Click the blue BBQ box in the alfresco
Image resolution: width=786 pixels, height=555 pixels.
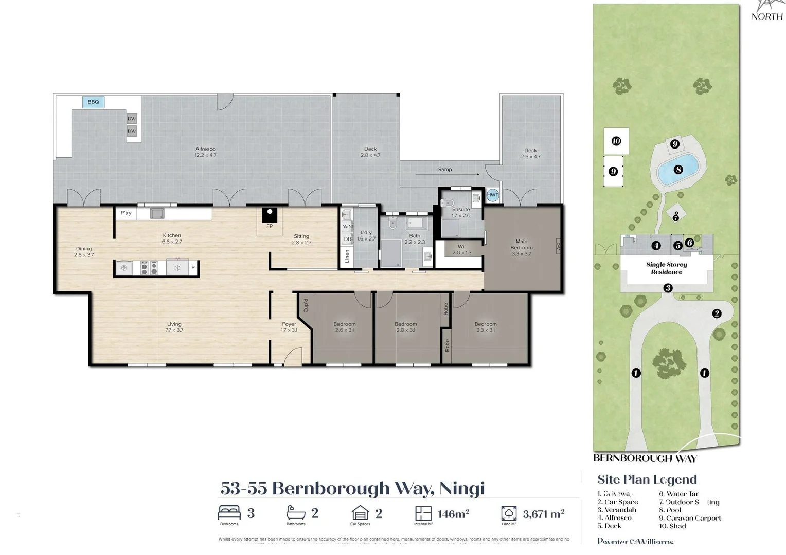coord(93,102)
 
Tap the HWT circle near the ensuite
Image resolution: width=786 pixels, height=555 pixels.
coord(492,195)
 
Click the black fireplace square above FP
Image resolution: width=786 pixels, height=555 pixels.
coord(269,214)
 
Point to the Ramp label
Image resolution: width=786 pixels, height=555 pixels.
coord(445,169)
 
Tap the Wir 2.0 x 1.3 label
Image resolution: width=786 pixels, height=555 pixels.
coord(461,249)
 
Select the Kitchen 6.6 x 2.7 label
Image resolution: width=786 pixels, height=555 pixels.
coord(172,238)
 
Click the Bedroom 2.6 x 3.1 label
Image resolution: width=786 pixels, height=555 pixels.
coord(344,327)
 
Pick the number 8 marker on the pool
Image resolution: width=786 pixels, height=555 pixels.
coord(678,169)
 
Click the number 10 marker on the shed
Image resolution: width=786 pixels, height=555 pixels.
coord(616,141)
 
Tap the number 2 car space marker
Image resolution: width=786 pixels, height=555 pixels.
coord(716,313)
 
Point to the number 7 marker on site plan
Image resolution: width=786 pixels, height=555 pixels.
coord(675,217)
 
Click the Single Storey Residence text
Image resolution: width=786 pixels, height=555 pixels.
coord(666,268)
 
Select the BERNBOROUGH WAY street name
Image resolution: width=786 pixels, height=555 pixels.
coord(645,458)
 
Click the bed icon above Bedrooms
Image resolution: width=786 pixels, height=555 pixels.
coord(229,512)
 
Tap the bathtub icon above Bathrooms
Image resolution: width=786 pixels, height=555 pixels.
coord(296,512)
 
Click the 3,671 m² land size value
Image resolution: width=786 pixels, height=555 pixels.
coord(543,514)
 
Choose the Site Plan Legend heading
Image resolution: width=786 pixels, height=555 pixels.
coord(647,479)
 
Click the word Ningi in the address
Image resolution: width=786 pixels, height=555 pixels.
coord(462,488)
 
